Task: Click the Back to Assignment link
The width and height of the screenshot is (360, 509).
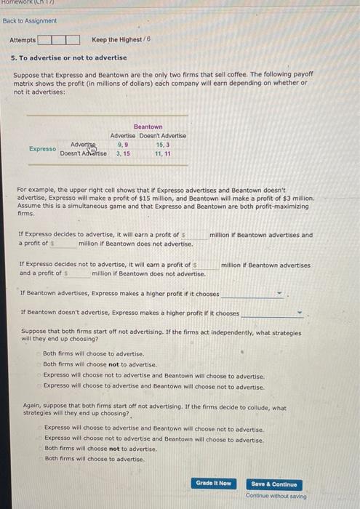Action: pyautogui.click(x=25, y=21)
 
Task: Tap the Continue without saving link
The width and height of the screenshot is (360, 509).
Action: pyautogui.click(x=276, y=496)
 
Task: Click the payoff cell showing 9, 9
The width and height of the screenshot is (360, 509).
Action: pyautogui.click(x=123, y=145)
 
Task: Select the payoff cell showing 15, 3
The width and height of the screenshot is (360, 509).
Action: pyautogui.click(x=163, y=145)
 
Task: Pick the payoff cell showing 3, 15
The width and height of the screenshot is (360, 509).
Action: pyautogui.click(x=123, y=153)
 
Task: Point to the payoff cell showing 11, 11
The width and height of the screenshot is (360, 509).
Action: pyautogui.click(x=163, y=153)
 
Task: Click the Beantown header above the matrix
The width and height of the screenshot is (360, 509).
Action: pyautogui.click(x=148, y=127)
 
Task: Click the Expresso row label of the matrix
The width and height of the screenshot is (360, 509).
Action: pyautogui.click(x=42, y=149)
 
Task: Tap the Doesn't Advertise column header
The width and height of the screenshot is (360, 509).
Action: pyautogui.click(x=162, y=136)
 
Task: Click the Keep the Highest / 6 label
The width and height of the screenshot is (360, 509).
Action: pyautogui.click(x=121, y=39)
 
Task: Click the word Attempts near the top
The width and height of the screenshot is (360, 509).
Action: pyautogui.click(x=23, y=39)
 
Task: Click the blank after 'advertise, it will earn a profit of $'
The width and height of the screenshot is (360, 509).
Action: pyautogui.click(x=196, y=235)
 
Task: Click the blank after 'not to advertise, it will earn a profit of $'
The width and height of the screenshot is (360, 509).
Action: pyautogui.click(x=207, y=265)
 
